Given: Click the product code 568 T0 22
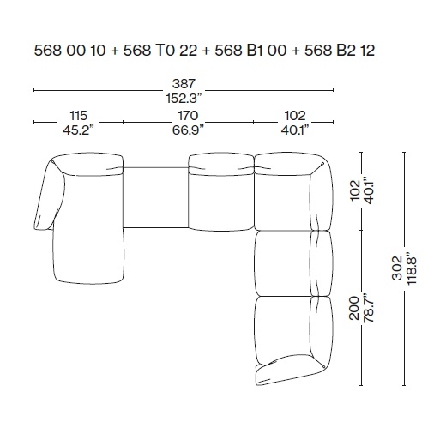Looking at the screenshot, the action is click(160, 51).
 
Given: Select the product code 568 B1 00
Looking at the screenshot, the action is click(250, 51).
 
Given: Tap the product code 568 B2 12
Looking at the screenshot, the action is click(340, 51).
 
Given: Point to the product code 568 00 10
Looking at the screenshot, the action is click(69, 51).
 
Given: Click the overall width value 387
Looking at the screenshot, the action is click(184, 84).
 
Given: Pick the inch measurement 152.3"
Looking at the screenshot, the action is click(184, 99).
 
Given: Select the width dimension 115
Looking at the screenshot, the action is click(78, 116).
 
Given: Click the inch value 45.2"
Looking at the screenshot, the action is click(78, 130).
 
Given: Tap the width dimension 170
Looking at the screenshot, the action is click(188, 116).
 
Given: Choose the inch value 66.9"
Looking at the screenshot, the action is click(188, 130).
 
